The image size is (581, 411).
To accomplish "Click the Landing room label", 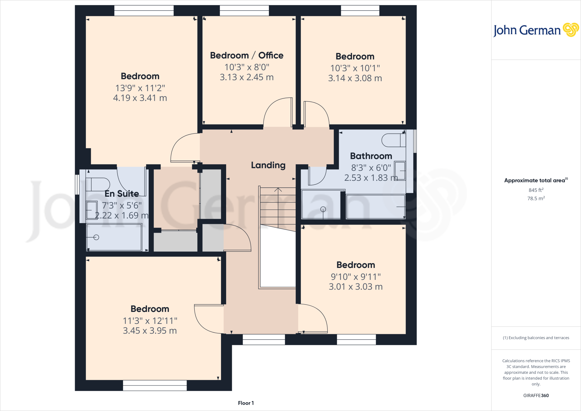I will (x=268, y=165).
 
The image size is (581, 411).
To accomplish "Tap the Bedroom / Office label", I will (x=247, y=55).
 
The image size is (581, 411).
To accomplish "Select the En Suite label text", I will (x=122, y=194).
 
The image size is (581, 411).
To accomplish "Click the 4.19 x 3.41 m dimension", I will (x=140, y=98).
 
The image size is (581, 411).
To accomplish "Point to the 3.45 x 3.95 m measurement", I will (x=150, y=331).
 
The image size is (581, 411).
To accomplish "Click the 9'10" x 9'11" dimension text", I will (x=356, y=276).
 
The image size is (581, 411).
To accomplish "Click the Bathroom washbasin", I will (x=400, y=171).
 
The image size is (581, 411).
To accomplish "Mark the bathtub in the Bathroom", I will (x=375, y=207).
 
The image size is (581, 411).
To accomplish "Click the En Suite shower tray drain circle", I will (x=96, y=237).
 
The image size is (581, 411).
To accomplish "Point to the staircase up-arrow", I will (x=278, y=190).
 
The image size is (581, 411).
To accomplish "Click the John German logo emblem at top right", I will (x=571, y=30).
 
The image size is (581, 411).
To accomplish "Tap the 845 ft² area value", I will (x=536, y=190).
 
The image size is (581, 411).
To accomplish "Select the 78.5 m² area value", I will (x=536, y=198).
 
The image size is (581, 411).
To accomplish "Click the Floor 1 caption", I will (x=246, y=403).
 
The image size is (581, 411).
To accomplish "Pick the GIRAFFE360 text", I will (x=536, y=395).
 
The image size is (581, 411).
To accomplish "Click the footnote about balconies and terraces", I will (x=536, y=338).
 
